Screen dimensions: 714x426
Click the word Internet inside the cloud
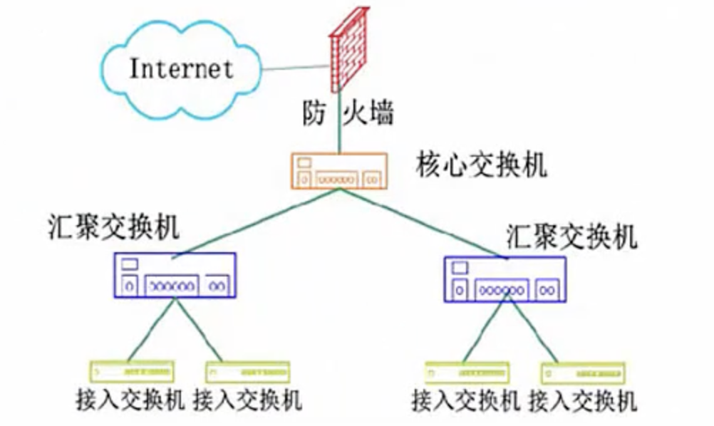[181, 69]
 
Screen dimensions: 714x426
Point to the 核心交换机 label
[481, 166]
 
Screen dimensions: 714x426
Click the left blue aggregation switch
[175, 275]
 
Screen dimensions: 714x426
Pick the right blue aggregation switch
[507, 279]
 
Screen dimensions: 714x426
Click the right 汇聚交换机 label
[571, 236]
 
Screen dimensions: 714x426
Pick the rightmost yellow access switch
[583, 373]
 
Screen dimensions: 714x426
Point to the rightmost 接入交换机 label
[582, 402]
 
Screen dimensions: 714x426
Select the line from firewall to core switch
[340, 128]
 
